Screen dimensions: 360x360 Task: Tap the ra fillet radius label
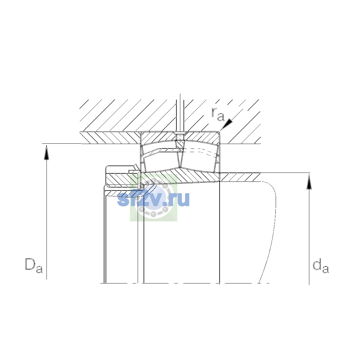(x=217, y=114)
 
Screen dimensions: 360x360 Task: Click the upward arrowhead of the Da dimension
(x=46, y=153)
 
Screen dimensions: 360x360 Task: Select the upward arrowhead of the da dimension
(x=309, y=182)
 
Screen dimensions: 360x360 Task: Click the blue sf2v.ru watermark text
(x=153, y=199)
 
